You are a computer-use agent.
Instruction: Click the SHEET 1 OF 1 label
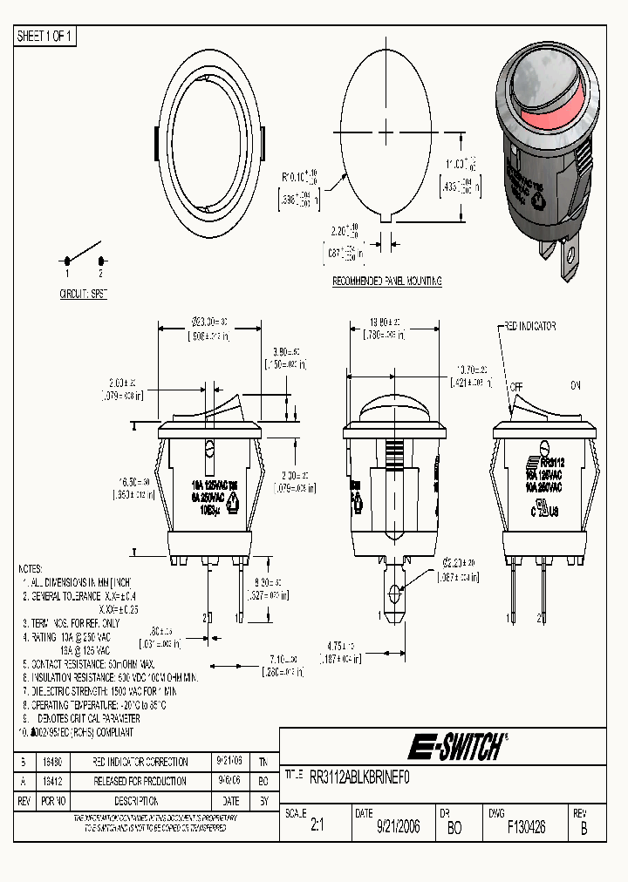(45, 36)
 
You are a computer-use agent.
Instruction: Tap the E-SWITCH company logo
(457, 747)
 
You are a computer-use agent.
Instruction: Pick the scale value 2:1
(317, 827)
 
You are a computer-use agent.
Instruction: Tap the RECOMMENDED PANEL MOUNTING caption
(387, 282)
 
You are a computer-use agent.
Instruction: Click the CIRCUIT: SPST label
(83, 295)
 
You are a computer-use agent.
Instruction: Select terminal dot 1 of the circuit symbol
(66, 261)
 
